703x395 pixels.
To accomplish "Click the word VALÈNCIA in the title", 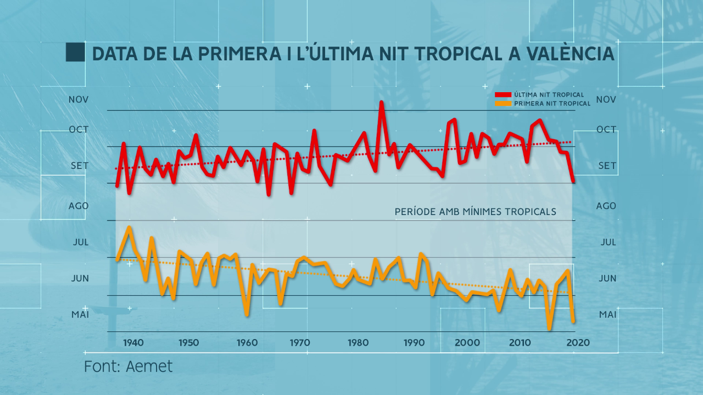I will pos(570,54).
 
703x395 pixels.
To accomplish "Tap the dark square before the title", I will pos(75,52).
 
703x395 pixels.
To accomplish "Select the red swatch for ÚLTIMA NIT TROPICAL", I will pos(503,95).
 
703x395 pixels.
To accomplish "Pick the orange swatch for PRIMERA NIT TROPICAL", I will pos(503,104).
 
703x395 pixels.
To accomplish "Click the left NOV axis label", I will pos(79,100).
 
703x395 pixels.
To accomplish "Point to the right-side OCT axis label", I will pos(606,129).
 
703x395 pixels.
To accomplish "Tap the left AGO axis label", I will pos(79,206).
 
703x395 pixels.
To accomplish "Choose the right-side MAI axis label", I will pos(608,315).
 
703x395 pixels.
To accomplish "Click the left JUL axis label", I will pos(80,242).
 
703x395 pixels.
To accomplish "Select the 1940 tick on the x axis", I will pos(133,343).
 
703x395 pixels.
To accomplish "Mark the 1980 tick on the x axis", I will pos(358,343).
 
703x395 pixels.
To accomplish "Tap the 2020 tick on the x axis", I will pos(578,343).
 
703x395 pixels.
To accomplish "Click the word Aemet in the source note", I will pos(149,366).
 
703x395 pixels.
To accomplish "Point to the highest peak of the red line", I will pos(381,103).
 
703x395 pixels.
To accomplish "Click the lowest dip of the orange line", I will pos(549,328).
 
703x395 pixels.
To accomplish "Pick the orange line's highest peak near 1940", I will pos(129,227).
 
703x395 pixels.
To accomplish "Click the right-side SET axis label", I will pos(607,166).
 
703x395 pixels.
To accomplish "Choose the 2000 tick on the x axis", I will pos(467,343).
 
